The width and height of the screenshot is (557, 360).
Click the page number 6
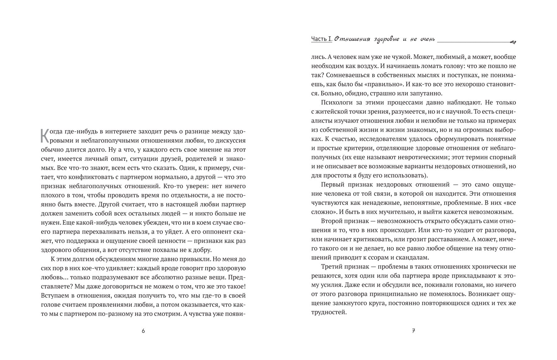[x=143, y=331]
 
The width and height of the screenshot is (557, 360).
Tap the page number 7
[x=413, y=331]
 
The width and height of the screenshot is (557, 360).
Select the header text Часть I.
[x=322, y=39]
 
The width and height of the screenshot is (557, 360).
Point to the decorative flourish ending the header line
[x=512, y=42]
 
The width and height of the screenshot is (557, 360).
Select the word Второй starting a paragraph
[x=333, y=221]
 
